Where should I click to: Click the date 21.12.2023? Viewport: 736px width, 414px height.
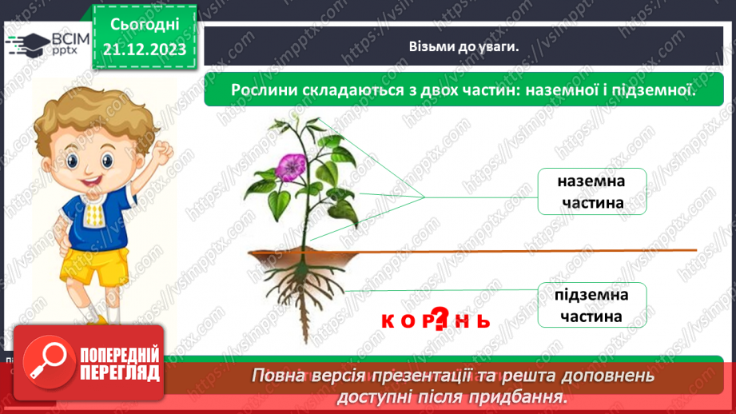point(145,49)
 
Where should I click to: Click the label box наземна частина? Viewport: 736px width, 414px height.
point(591,192)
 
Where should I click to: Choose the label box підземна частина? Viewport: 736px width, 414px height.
point(591,305)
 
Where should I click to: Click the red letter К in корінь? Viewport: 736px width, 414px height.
point(388,321)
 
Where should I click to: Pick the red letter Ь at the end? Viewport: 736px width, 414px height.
point(482,321)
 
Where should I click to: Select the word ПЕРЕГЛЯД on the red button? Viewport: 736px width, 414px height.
point(120,374)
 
